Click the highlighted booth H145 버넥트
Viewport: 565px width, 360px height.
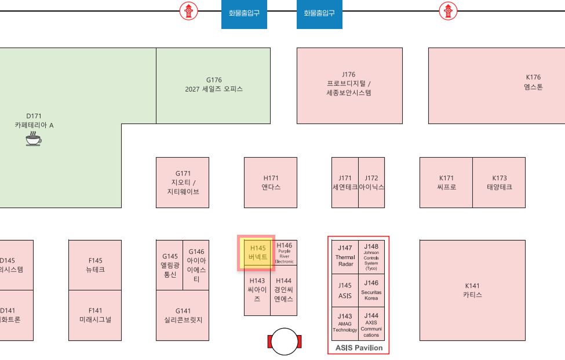tap(257, 253)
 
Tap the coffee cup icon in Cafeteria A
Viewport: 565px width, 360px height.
tap(34, 139)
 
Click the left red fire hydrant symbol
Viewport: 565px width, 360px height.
tap(188, 10)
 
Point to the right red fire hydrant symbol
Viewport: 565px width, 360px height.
tap(447, 10)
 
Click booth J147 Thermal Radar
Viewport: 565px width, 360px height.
tap(345, 257)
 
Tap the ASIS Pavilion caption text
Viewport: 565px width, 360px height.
tap(359, 348)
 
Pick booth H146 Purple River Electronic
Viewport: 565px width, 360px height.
tap(284, 253)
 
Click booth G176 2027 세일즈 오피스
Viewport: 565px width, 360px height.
tap(213, 85)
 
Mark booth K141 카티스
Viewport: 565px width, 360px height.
tap(472, 290)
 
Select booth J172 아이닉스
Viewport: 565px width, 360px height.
tap(371, 183)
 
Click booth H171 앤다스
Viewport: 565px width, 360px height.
tap(271, 183)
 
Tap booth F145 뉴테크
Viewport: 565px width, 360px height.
tap(95, 265)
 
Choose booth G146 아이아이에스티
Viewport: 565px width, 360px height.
tap(196, 265)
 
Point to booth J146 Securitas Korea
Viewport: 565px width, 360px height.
tap(371, 290)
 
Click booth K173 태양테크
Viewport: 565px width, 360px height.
tap(499, 183)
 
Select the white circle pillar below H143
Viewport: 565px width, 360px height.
tap(285, 341)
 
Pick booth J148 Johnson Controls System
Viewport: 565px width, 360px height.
tap(371, 257)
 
